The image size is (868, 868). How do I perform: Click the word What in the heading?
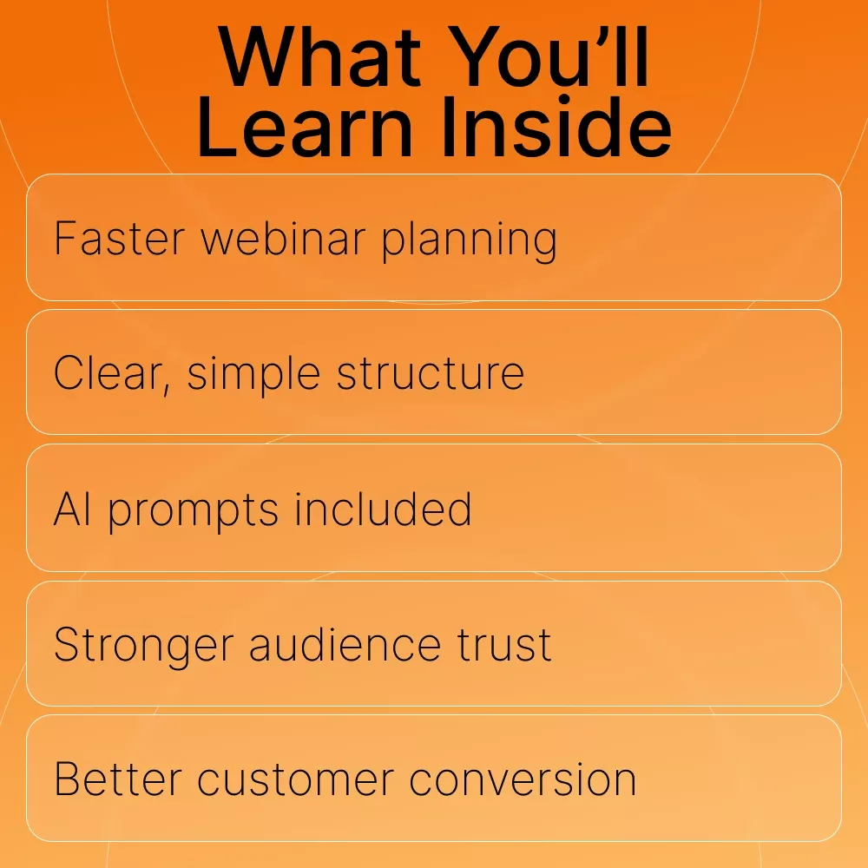320,57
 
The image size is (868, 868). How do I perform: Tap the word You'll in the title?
549,57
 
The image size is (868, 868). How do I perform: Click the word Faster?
119,239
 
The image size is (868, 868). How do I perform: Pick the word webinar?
283,239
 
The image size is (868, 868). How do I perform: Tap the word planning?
470,242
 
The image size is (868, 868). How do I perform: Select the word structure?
431,373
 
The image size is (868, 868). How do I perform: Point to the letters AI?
72,509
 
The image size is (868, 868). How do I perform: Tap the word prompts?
193,512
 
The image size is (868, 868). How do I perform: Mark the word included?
383,509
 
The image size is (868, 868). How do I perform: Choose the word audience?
345,644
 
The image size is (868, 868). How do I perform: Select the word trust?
503,645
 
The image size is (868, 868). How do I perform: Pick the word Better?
118,779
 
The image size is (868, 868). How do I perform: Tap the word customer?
296,780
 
